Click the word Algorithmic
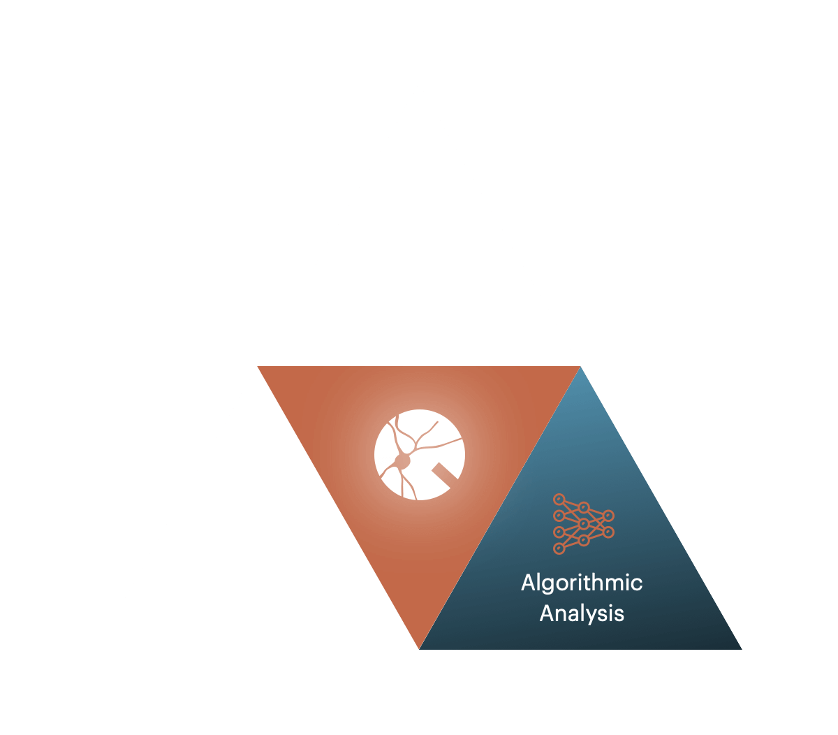(582, 583)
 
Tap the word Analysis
(582, 613)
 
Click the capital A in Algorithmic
(528, 582)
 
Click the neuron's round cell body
(402, 460)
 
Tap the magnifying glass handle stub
(445, 474)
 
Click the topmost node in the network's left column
(559, 500)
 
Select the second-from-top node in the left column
(559, 516)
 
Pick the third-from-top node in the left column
(559, 532)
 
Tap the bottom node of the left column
(559, 548)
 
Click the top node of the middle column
(584, 507)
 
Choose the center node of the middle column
(584, 524)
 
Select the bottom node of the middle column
(584, 541)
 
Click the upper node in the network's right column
(608, 516)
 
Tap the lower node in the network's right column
(608, 532)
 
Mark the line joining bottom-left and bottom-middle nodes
(571, 545)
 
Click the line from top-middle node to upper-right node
(596, 511)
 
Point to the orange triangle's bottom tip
(419, 648)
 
